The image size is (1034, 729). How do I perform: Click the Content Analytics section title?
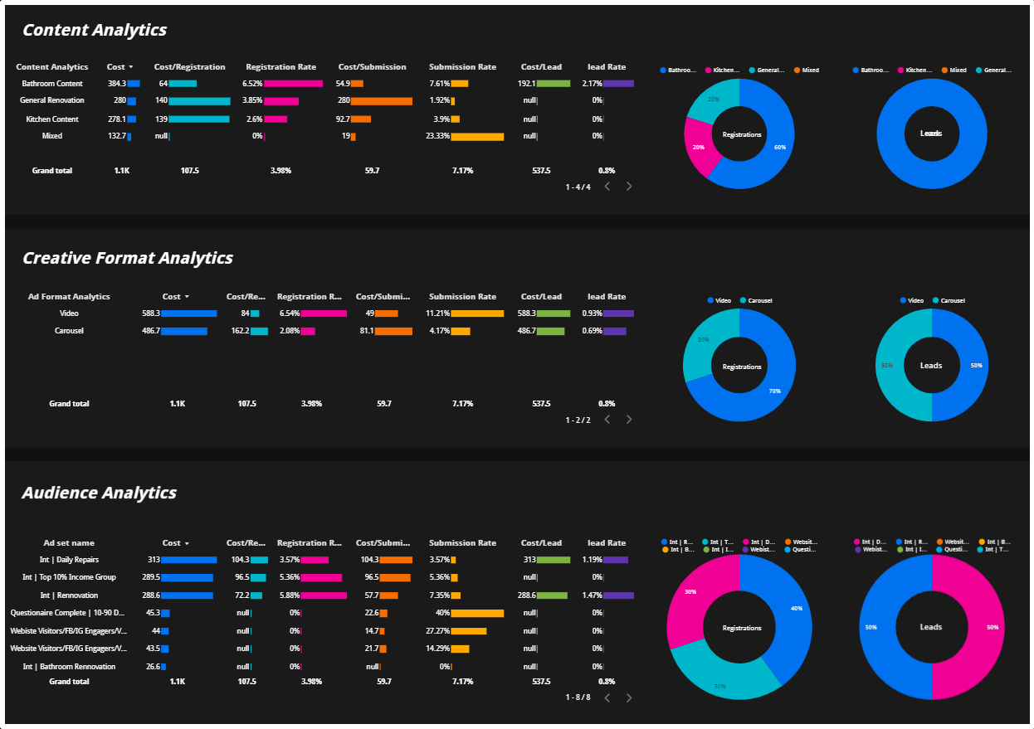[x=95, y=31]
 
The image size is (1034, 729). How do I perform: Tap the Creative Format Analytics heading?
[x=128, y=258]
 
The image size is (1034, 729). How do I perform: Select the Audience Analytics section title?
[x=99, y=493]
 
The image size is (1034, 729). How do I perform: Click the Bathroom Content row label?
[x=52, y=84]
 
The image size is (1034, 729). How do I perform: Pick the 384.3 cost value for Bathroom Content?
[x=116, y=84]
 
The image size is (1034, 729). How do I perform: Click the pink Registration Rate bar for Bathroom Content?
[x=293, y=84]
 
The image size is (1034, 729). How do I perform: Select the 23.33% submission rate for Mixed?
[x=437, y=136]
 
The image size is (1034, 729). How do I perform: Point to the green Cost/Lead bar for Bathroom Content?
[x=554, y=84]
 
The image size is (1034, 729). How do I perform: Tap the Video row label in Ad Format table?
[x=69, y=313]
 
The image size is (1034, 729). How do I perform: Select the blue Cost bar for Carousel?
[x=184, y=331]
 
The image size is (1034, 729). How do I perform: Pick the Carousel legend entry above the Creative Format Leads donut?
[x=952, y=300]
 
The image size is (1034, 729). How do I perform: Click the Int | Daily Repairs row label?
[x=69, y=560]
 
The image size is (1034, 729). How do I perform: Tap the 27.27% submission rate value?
[x=437, y=631]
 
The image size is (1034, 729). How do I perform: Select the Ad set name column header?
[x=69, y=543]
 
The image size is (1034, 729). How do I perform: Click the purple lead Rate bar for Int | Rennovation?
[x=618, y=595]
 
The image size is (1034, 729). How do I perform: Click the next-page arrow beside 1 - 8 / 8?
[x=629, y=697]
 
